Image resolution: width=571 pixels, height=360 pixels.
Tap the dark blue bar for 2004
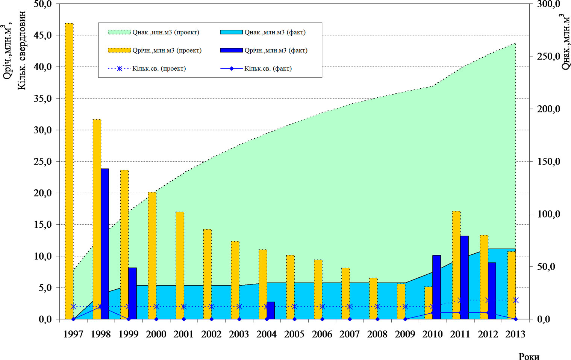[271, 310]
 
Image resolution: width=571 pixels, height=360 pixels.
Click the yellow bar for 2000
[152, 256]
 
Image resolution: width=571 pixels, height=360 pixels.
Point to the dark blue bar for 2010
[436, 287]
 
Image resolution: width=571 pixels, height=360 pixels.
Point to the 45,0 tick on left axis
[44, 35]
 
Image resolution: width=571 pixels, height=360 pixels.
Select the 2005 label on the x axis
[294, 334]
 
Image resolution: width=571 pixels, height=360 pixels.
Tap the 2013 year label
[515, 334]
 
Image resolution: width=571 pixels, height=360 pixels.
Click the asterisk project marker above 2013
[516, 300]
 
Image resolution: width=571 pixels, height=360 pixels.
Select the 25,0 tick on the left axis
[44, 162]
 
